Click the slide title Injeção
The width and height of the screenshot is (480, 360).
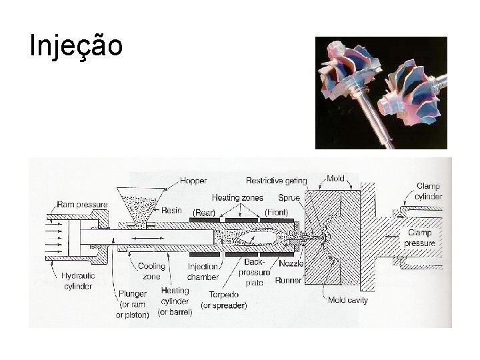coord(76,46)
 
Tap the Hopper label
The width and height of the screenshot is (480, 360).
coord(193,180)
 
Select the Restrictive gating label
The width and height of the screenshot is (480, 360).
coord(276,180)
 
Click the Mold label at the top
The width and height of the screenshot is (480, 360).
coord(335,179)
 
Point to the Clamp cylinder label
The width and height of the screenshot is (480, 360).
coord(428,191)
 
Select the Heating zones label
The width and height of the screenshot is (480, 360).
coord(237,197)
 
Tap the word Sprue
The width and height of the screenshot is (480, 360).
coord(289,197)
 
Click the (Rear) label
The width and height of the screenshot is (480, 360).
coord(203,212)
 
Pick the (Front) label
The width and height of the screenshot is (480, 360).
coord(276,212)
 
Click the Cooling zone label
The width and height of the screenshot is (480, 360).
coord(152,271)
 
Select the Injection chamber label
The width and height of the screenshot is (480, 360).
coord(203,271)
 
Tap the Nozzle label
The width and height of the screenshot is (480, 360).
coord(291,264)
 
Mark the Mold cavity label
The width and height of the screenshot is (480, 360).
coord(348,300)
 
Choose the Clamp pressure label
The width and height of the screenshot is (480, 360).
coord(418,238)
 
